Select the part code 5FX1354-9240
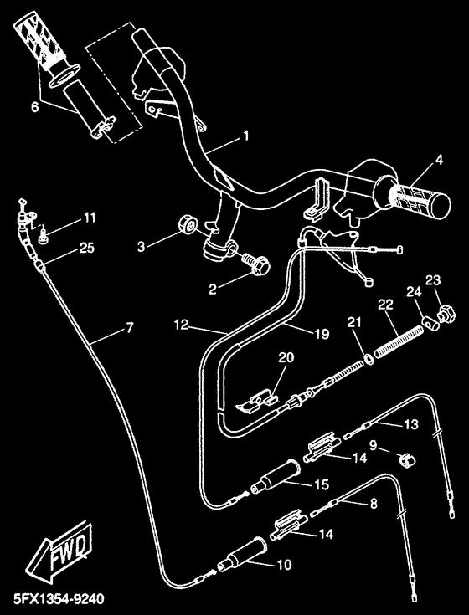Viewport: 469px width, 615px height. pos(54,600)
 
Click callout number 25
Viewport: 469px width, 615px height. pos(87,247)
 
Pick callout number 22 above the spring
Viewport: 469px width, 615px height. pos(385,304)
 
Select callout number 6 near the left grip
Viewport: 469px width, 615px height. pos(34,106)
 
